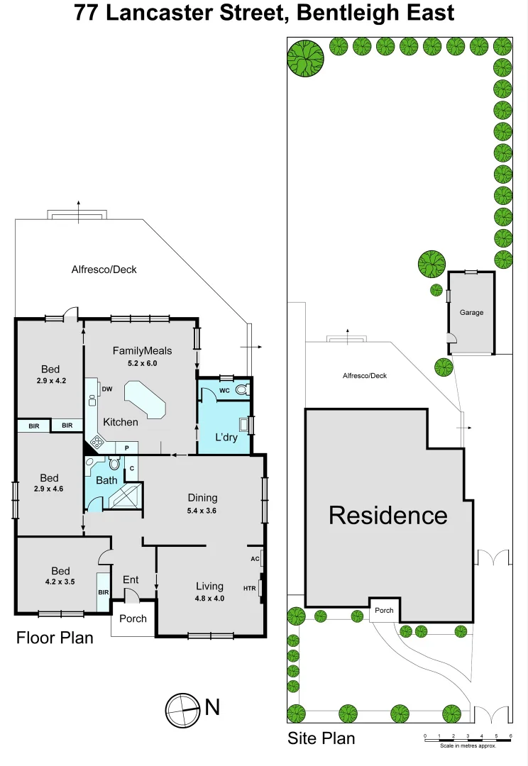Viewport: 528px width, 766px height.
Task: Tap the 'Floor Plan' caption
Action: pyautogui.click(x=55, y=638)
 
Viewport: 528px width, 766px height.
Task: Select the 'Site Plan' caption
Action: pyautogui.click(x=321, y=738)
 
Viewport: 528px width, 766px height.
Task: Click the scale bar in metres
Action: pyautogui.click(x=467, y=740)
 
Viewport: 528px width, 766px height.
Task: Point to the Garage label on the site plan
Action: pyautogui.click(x=471, y=312)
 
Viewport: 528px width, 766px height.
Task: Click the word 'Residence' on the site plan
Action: pyautogui.click(x=387, y=516)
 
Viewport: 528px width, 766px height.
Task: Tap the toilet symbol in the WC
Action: pyautogui.click(x=242, y=389)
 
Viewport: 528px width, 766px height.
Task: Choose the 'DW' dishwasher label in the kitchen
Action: pyautogui.click(x=107, y=389)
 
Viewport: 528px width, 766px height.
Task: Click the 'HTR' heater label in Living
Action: pyautogui.click(x=249, y=588)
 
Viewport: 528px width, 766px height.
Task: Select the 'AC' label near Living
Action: pyautogui.click(x=255, y=559)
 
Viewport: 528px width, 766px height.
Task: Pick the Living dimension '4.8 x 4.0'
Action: pyautogui.click(x=210, y=598)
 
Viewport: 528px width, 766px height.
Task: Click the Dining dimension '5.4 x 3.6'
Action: pyautogui.click(x=202, y=510)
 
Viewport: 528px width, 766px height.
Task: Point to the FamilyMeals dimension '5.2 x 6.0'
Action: pyautogui.click(x=143, y=362)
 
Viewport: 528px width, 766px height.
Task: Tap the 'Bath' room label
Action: pyautogui.click(x=106, y=480)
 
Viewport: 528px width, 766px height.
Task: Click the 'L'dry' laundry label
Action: pyautogui.click(x=226, y=436)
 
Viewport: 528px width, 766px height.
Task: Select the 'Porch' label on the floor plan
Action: pyautogui.click(x=133, y=618)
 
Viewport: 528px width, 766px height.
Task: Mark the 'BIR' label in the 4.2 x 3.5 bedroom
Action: pyautogui.click(x=103, y=592)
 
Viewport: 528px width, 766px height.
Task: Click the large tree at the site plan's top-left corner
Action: pyautogui.click(x=305, y=56)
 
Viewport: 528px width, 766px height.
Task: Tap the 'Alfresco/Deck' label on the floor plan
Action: pyautogui.click(x=104, y=270)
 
